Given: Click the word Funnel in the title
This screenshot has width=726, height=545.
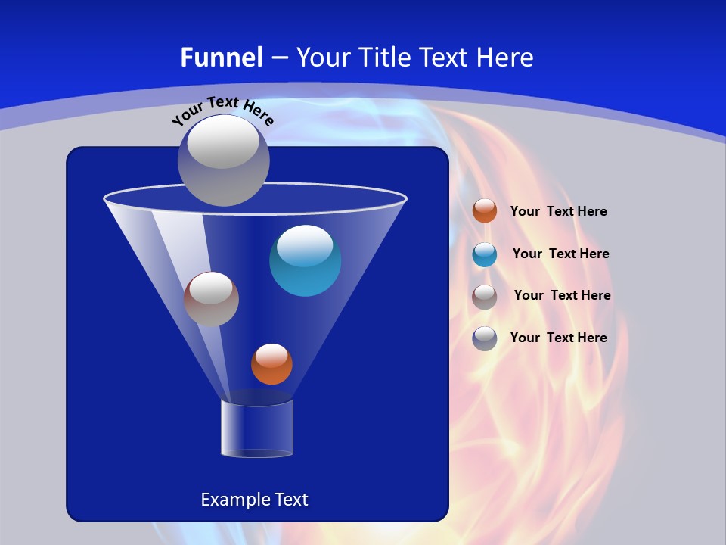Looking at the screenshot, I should (221, 58).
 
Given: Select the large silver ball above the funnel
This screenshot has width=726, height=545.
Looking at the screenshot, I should (223, 160).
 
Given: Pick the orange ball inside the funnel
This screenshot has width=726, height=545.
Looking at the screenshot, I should (271, 365).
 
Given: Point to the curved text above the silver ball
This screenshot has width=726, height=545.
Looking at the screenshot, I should (222, 110).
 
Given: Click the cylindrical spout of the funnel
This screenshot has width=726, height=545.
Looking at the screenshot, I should (257, 428).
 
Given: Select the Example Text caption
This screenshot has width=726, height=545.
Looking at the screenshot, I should (254, 500).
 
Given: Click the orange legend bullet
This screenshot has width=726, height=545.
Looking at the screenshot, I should (485, 211).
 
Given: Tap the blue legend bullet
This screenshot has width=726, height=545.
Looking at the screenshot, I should (485, 254).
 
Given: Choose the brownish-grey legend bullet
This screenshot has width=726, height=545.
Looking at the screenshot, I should (485, 297).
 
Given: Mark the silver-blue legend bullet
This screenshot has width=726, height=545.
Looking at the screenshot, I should (485, 338).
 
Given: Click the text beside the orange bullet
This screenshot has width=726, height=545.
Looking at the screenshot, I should (558, 212).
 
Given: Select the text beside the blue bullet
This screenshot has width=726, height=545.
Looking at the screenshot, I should (560, 254).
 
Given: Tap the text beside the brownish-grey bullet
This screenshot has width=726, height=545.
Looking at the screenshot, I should (562, 296).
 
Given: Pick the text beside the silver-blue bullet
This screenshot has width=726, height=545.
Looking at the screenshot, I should (558, 338).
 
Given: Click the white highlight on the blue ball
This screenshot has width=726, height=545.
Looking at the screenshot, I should (305, 245).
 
